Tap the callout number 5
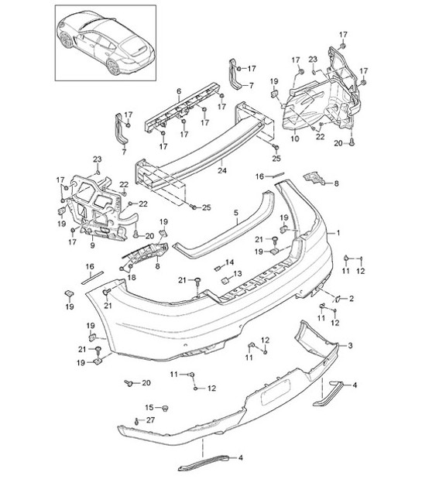click(235, 210)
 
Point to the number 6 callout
click(179, 91)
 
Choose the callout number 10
click(294, 139)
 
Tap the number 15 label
click(150, 407)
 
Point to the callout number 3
click(350, 345)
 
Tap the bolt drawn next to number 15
click(167, 408)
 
